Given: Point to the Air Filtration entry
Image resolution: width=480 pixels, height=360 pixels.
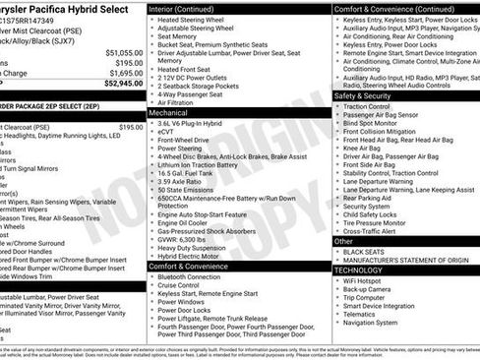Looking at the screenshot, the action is pos(181,102).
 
